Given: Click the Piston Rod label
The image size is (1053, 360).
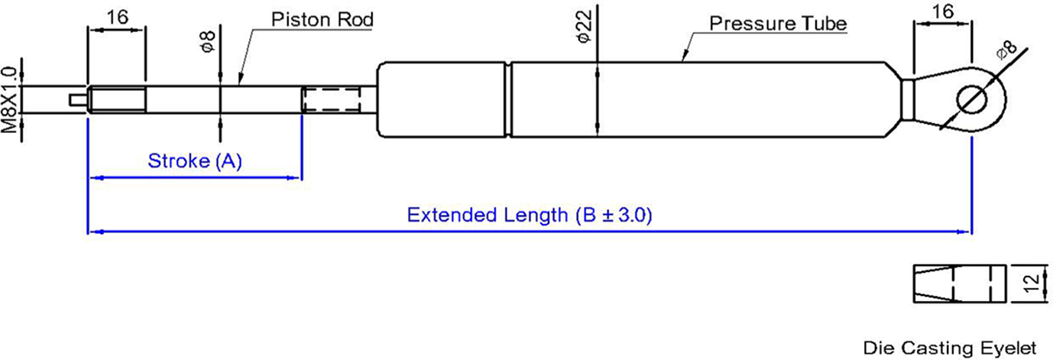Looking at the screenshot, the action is tap(322, 20).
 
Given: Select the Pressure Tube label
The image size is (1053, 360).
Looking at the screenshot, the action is tap(778, 24).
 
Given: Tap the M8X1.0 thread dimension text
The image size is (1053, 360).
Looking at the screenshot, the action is tap(9, 99).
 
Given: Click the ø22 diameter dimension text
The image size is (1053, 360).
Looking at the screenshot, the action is tap(585, 28).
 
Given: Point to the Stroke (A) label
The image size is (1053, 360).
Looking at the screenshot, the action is tap(195, 161).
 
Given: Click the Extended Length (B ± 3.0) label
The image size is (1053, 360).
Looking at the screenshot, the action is tap(530, 216).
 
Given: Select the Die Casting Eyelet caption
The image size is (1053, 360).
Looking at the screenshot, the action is tap(950, 349).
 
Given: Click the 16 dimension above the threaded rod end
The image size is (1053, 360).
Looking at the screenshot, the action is tap(117, 18).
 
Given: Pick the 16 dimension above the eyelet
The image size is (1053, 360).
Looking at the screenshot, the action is tap(942, 11).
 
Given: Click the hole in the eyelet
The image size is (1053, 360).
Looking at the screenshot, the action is tap(971, 99).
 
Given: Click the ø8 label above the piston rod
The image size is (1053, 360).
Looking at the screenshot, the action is tap(208, 41).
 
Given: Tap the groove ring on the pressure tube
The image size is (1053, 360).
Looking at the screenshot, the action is tap(508, 99).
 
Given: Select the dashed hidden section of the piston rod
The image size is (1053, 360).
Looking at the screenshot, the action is tap(332, 99).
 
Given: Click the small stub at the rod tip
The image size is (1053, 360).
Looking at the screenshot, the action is tap(78, 99).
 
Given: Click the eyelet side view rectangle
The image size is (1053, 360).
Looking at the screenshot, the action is tap(960, 284).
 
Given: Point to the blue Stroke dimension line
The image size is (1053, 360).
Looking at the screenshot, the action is tap(195, 178).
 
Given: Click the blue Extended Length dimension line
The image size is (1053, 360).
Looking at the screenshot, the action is tap(530, 232).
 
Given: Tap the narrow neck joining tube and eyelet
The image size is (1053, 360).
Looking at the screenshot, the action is tap(908, 99).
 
